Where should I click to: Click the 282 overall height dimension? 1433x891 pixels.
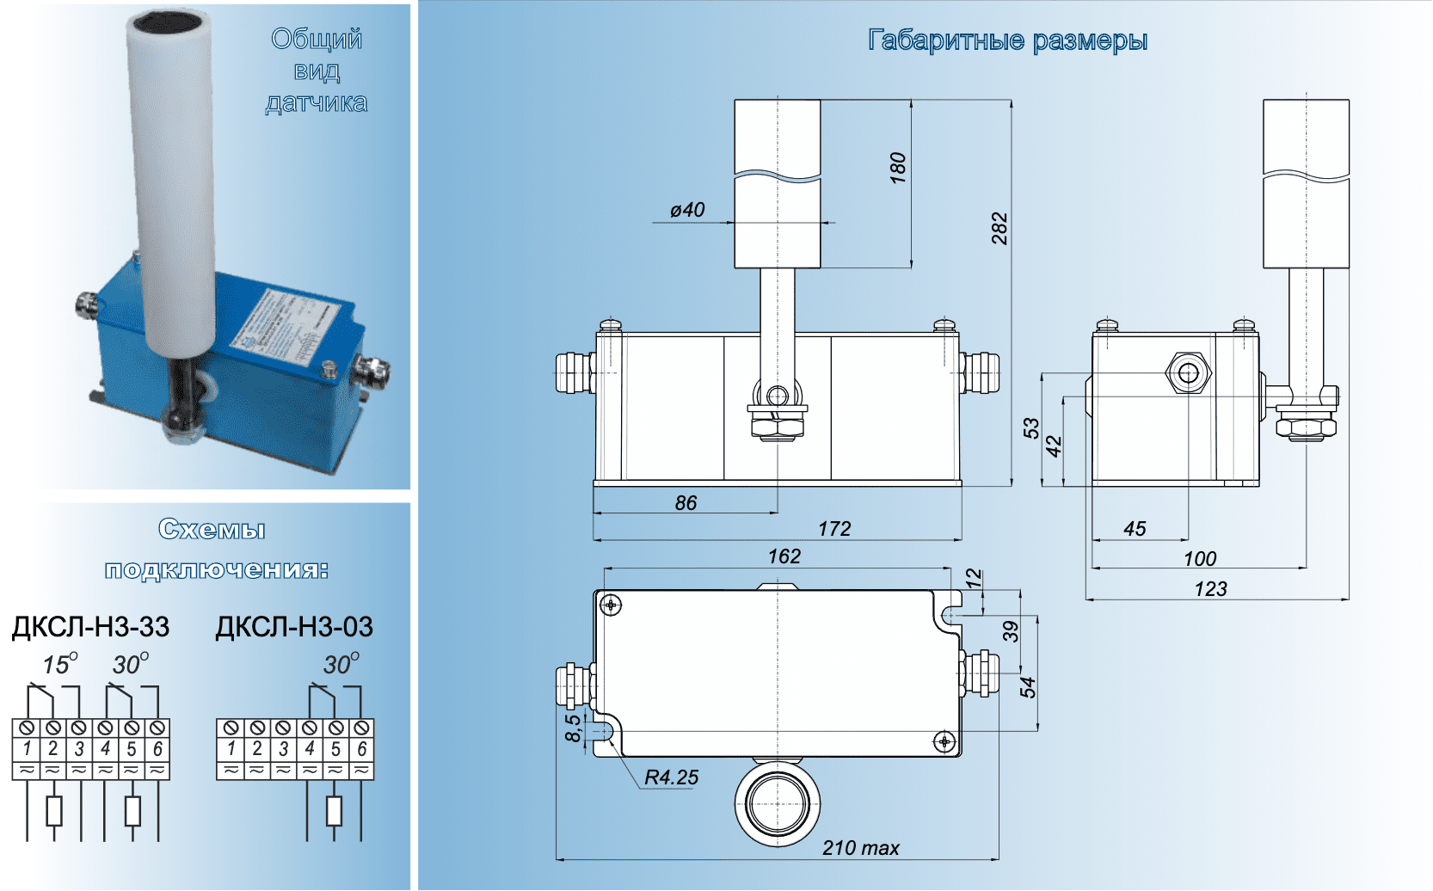pyautogui.click(x=999, y=228)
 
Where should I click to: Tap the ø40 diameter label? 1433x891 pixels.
pyautogui.click(x=687, y=210)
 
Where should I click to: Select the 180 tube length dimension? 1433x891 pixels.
pyautogui.click(x=898, y=168)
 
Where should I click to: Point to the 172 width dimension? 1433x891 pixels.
pyautogui.click(x=834, y=529)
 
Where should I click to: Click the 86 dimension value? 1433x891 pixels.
pyautogui.click(x=686, y=503)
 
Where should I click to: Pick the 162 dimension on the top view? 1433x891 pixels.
pyautogui.click(x=784, y=556)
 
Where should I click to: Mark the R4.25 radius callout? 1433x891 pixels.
pyautogui.click(x=671, y=777)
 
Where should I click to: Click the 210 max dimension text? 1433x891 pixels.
pyautogui.click(x=860, y=848)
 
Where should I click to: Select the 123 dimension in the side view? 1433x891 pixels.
pyautogui.click(x=1210, y=589)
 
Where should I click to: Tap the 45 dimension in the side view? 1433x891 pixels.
pyautogui.click(x=1135, y=529)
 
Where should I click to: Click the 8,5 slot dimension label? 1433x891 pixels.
pyautogui.click(x=573, y=728)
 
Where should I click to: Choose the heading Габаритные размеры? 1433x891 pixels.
pyautogui.click(x=1007, y=40)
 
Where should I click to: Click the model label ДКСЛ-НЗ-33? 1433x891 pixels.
pyautogui.click(x=90, y=627)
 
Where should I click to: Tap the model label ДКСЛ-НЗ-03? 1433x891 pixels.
pyautogui.click(x=294, y=627)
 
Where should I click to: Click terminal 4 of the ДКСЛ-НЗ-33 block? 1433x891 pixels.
pyautogui.click(x=106, y=748)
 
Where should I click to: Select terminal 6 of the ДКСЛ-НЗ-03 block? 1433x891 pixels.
pyautogui.click(x=362, y=748)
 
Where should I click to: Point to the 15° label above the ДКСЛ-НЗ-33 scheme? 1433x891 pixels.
pyautogui.click(x=59, y=665)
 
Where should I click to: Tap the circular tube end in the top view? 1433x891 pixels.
pyautogui.click(x=778, y=804)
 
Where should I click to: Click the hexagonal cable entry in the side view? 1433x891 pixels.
pyautogui.click(x=1189, y=372)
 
